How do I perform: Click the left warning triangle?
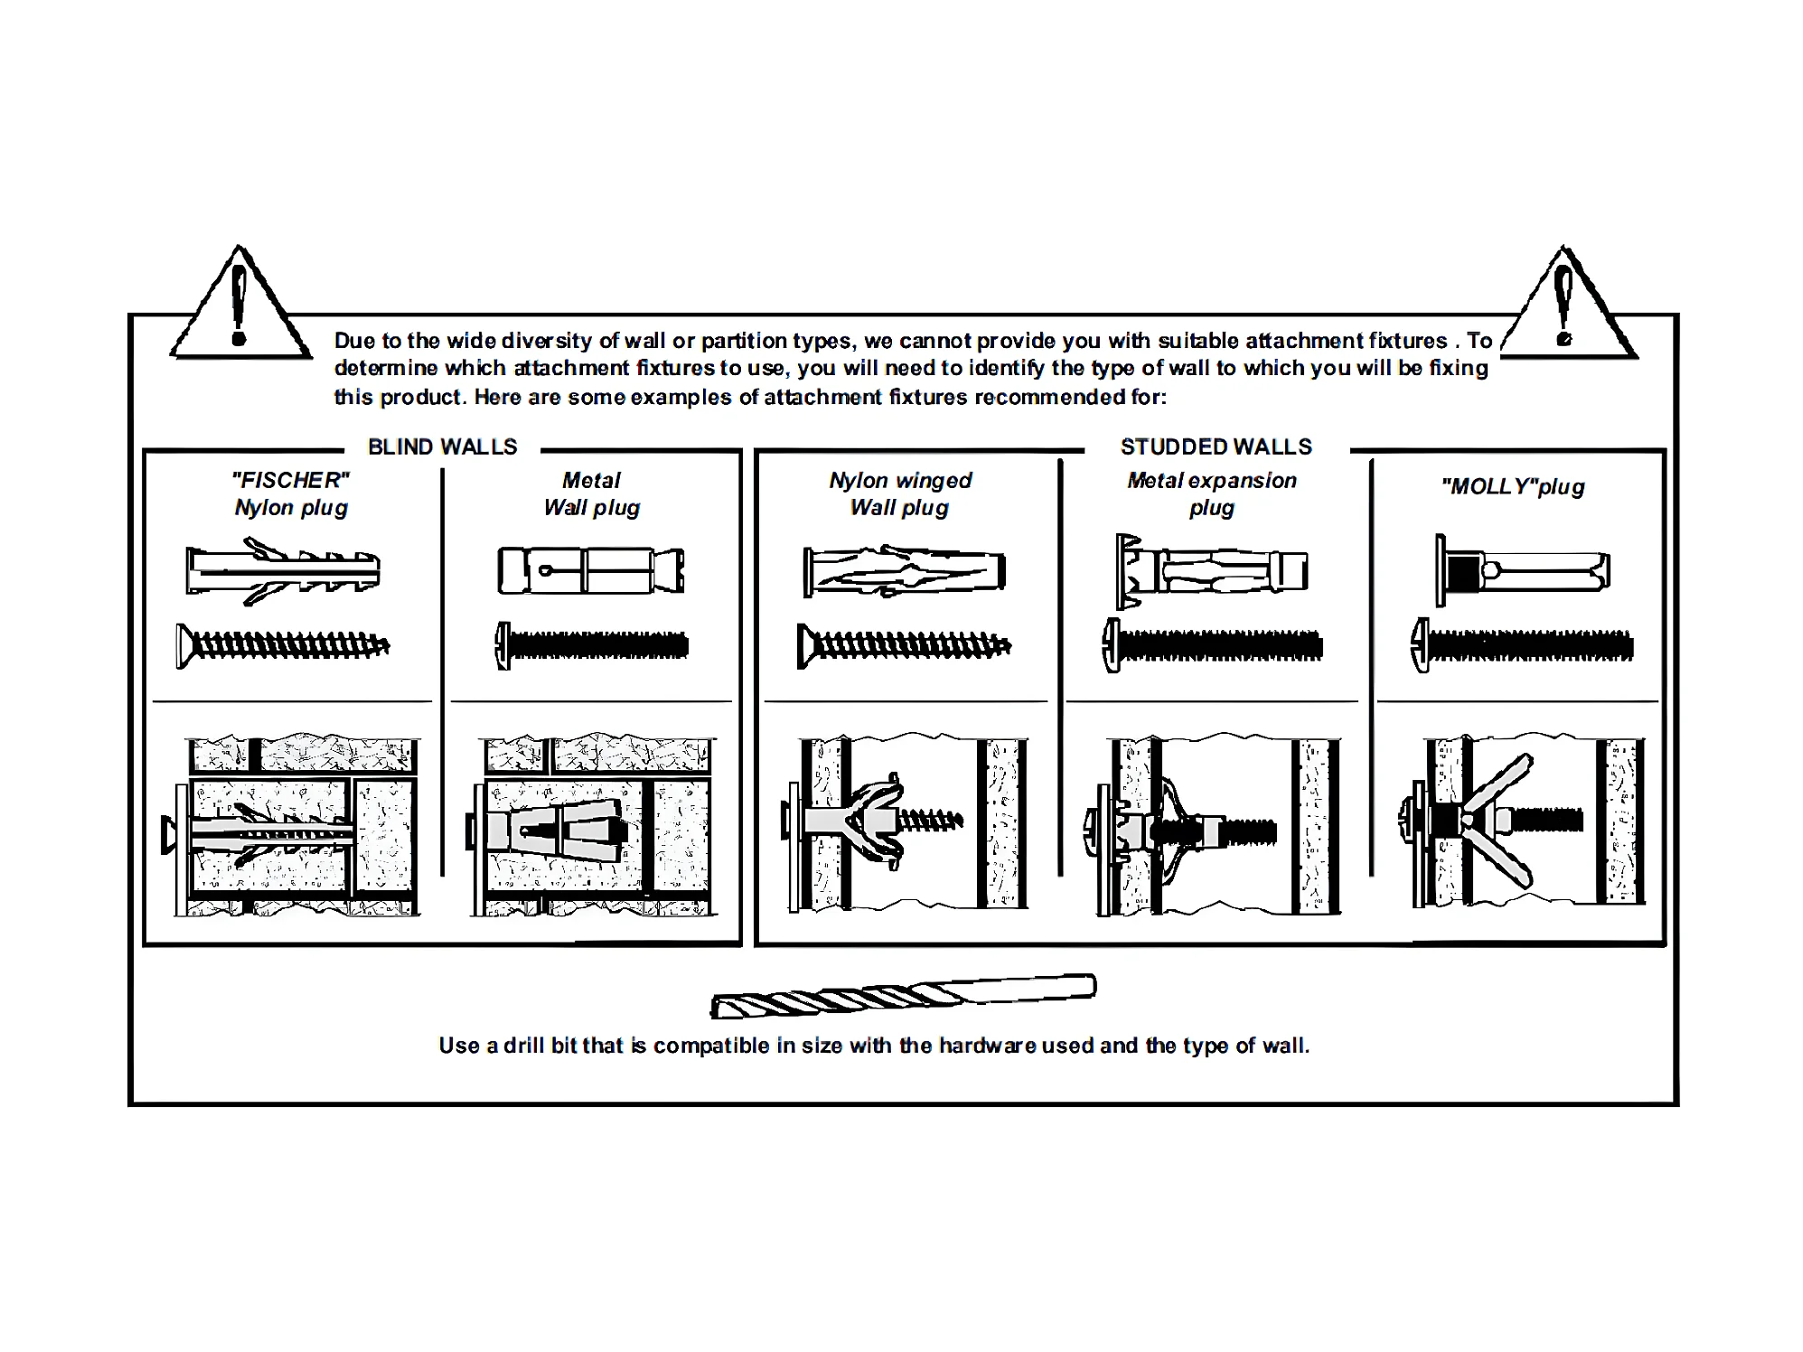(239, 307)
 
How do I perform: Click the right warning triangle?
(1566, 307)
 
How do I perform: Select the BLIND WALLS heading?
(442, 446)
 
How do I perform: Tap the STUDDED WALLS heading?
(1216, 446)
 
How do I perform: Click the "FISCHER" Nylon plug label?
(291, 493)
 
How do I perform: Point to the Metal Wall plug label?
(592, 493)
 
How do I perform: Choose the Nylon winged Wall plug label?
(900, 493)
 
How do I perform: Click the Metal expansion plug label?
(1212, 493)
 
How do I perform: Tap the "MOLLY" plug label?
(1513, 487)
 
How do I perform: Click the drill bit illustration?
(904, 996)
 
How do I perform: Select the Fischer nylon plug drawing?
(283, 570)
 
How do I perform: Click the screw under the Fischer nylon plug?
(283, 645)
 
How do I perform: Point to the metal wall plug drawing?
(591, 570)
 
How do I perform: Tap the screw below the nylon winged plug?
(904, 645)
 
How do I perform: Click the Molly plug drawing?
(1523, 570)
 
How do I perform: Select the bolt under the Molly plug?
(1523, 645)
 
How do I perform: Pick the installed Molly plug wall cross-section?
(1527, 822)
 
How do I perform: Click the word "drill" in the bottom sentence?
(522, 1046)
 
